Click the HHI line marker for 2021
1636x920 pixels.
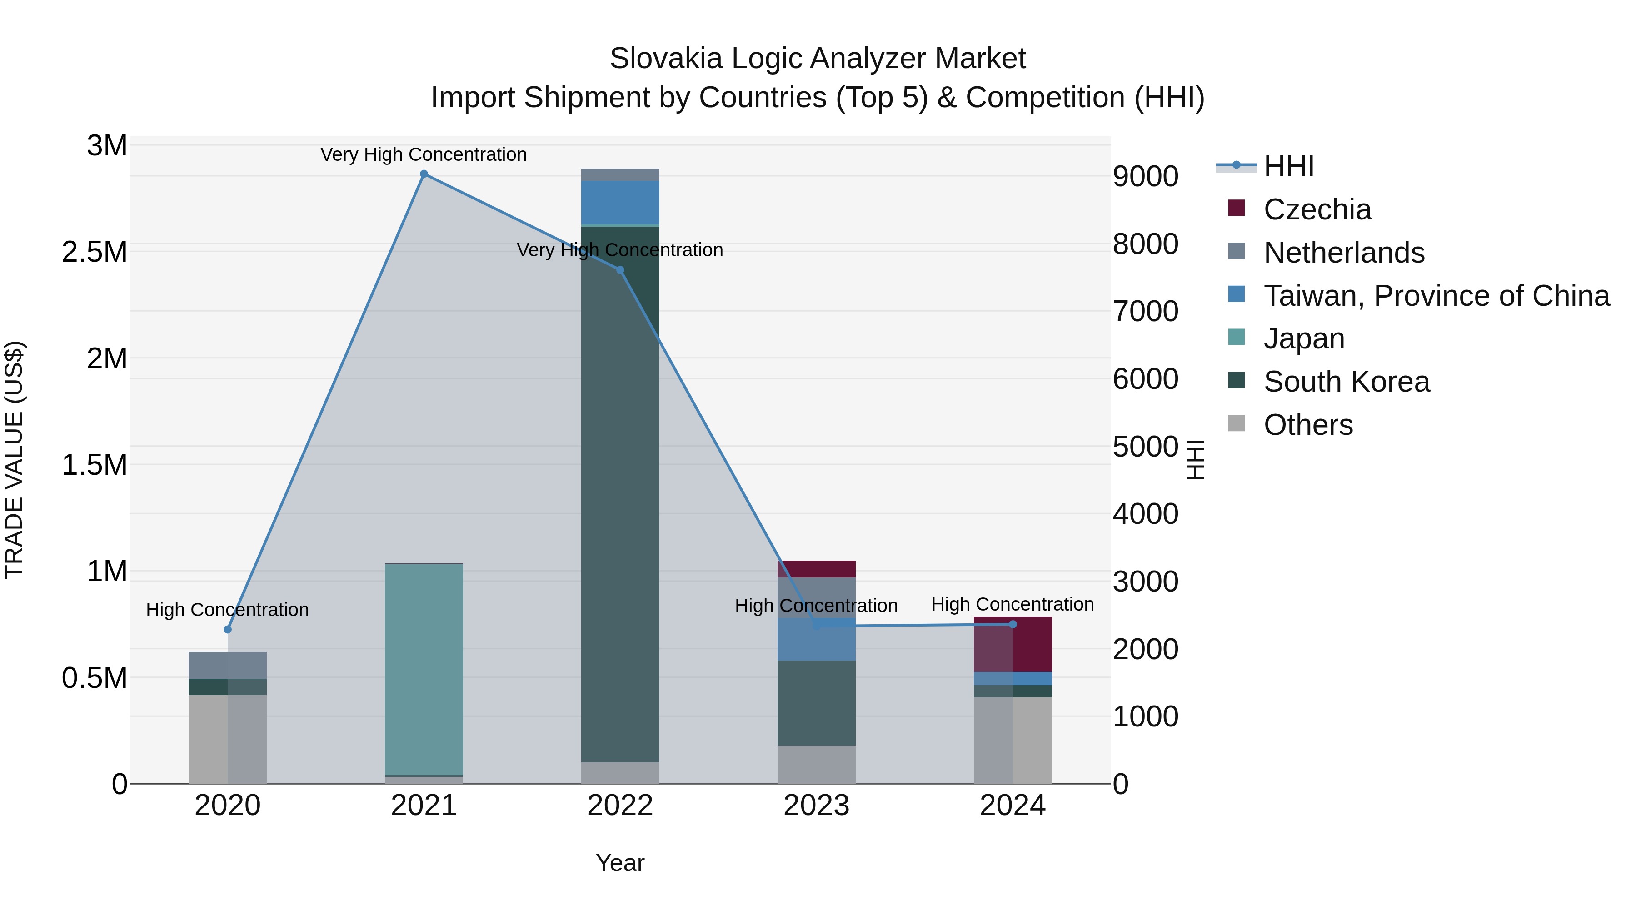coord(424,174)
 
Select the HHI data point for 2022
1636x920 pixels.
coord(620,270)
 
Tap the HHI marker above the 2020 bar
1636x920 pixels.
coord(228,629)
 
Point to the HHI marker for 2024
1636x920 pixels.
coord(1013,624)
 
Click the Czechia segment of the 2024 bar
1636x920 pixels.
coord(1013,644)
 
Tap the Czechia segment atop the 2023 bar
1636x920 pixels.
coord(817,569)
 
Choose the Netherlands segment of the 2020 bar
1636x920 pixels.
coord(228,666)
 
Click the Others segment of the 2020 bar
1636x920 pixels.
coord(228,739)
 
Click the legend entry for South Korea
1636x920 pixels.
coord(1347,382)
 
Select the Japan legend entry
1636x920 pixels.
coord(1304,338)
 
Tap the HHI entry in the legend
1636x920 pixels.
coord(1289,166)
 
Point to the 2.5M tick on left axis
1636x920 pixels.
coord(95,252)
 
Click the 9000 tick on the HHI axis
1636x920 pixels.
coord(1146,177)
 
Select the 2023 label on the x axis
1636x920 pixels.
coord(817,806)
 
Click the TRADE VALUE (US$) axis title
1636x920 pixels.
coord(14,460)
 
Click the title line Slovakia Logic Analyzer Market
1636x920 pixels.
coord(818,59)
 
